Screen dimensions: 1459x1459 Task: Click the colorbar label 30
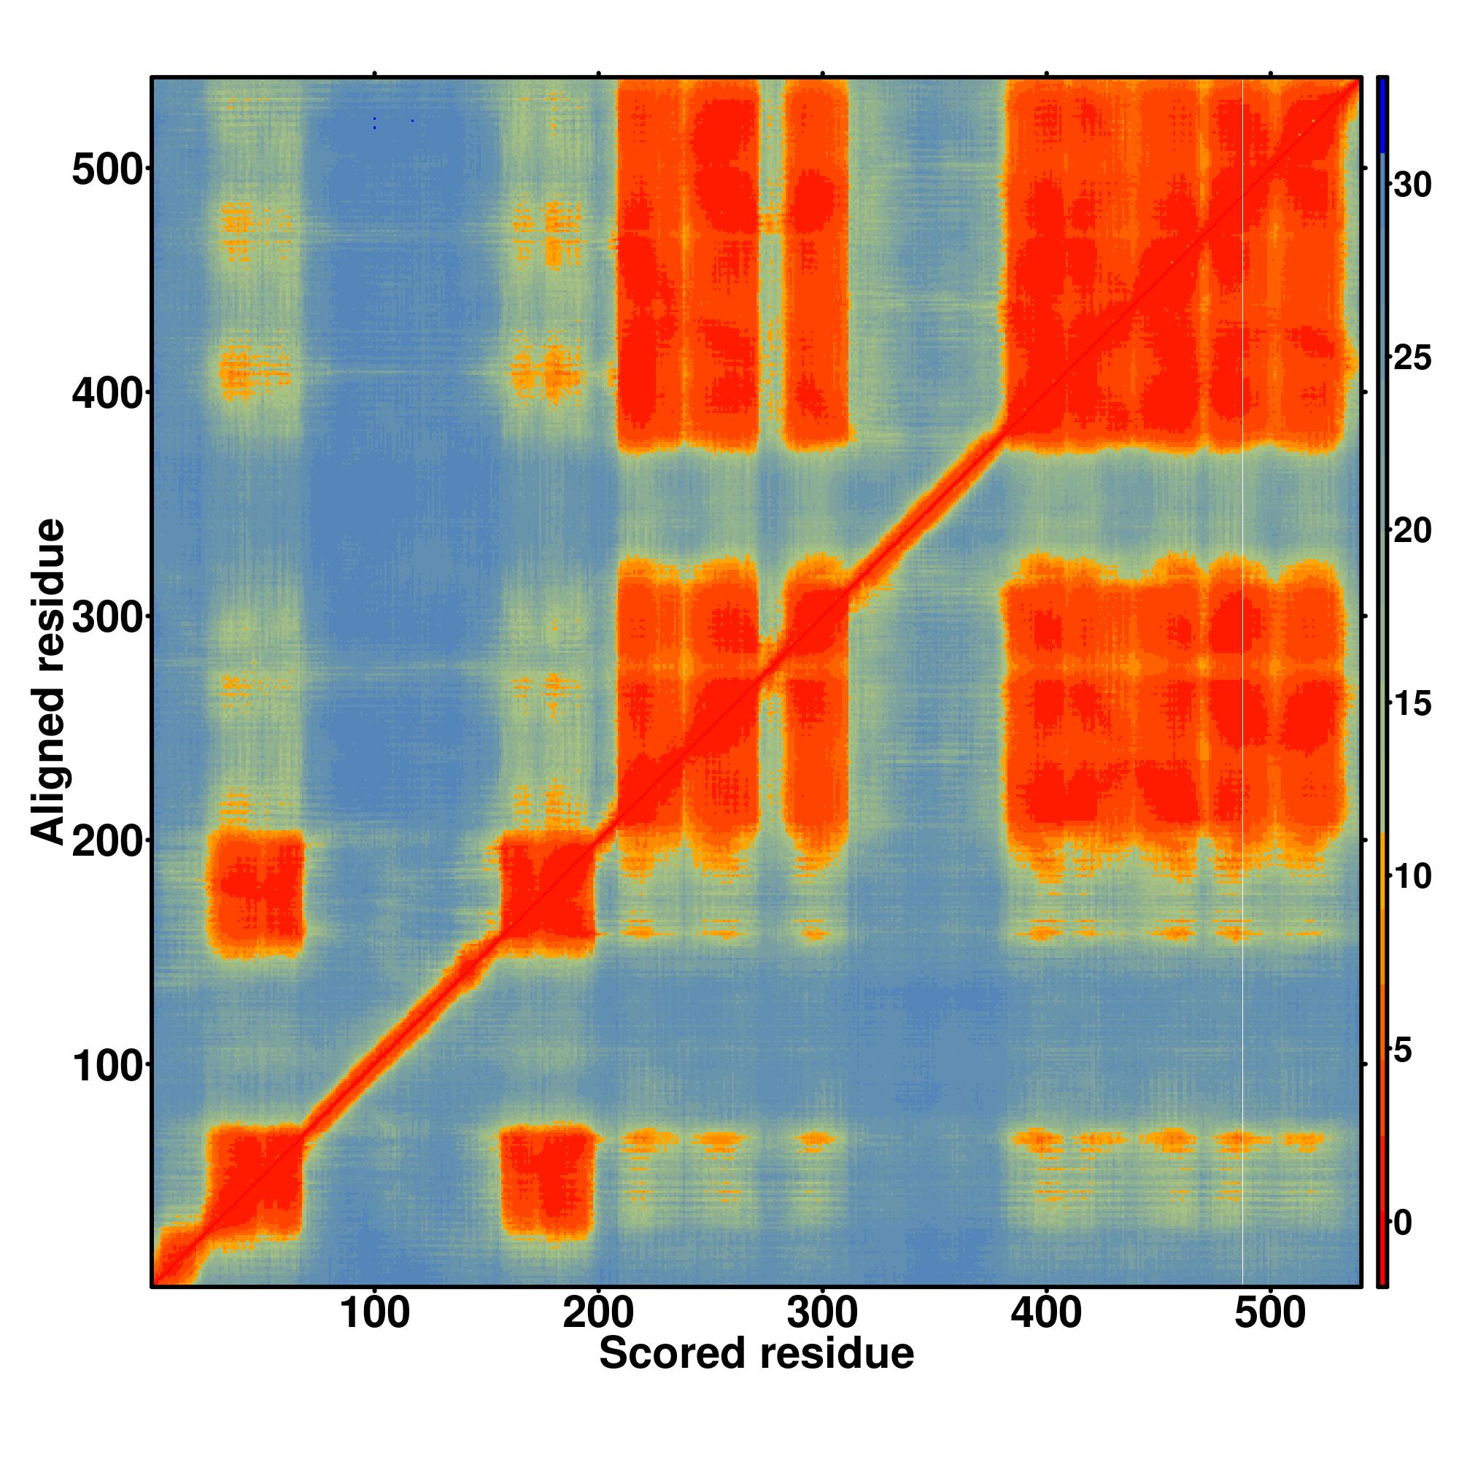pos(1412,185)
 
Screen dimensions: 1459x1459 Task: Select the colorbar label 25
pos(1412,357)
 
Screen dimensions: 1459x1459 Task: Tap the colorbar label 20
pos(1412,531)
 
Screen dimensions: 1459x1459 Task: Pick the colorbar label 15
pos(1412,704)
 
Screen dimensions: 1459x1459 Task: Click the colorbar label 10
pos(1412,877)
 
